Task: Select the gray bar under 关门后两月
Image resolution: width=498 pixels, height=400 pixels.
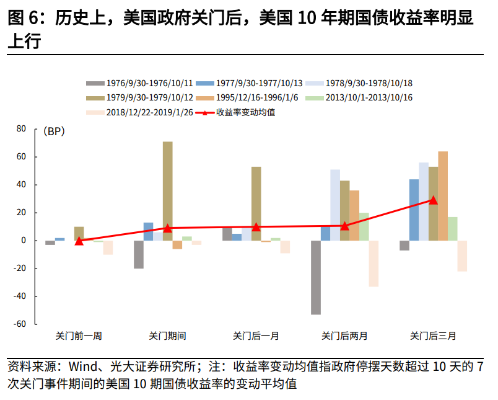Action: (316, 277)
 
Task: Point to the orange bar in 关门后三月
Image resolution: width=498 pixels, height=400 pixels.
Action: (443, 196)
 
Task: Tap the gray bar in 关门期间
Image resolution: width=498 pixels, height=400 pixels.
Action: (139, 254)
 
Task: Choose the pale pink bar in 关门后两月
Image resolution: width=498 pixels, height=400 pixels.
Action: (373, 264)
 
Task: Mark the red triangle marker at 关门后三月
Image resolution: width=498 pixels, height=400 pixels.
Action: (434, 200)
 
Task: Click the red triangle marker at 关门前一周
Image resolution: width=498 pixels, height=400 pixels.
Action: (79, 241)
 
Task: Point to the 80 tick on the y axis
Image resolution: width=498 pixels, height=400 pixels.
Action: (21, 129)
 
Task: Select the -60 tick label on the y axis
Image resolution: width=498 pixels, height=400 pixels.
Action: (19, 324)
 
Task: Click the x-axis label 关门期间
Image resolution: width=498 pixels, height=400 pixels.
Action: (167, 336)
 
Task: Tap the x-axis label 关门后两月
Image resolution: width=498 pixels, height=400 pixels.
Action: (344, 336)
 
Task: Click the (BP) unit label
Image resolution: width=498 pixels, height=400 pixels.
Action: (54, 131)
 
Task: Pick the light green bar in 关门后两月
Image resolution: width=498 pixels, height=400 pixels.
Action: (364, 226)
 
